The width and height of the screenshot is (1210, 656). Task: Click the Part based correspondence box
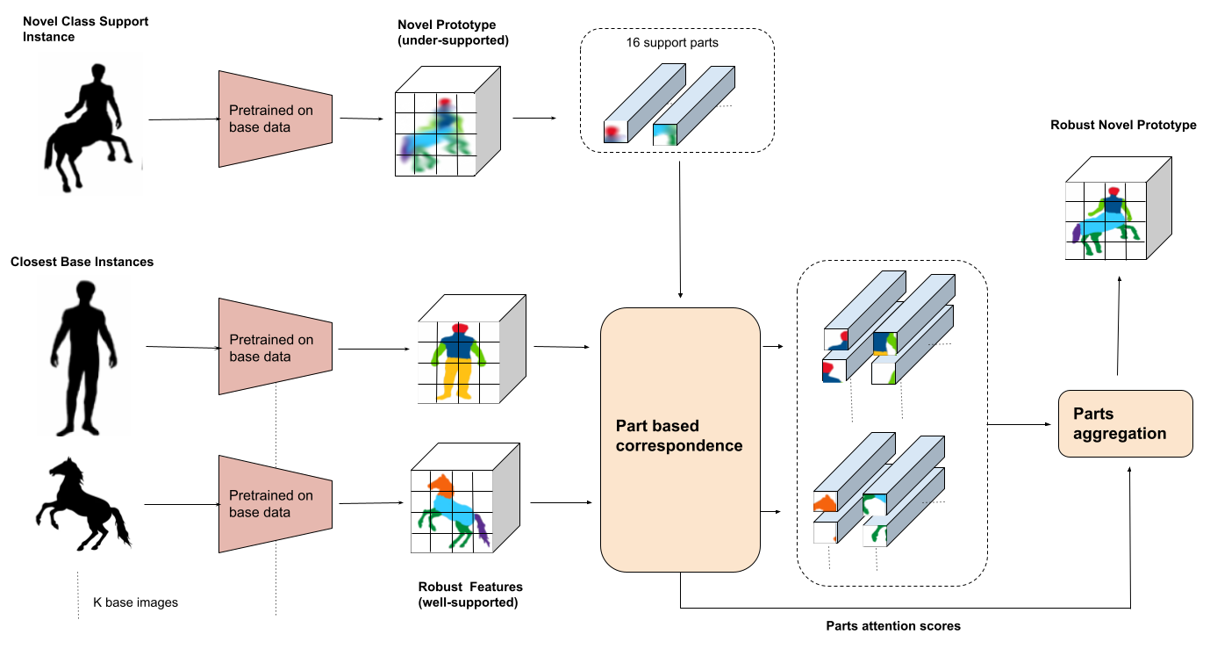(679, 439)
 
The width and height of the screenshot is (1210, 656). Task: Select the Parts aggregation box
(1126, 424)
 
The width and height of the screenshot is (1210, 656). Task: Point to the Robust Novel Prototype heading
(1123, 126)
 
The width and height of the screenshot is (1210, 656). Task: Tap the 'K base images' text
(135, 602)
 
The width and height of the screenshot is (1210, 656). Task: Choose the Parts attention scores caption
(893, 626)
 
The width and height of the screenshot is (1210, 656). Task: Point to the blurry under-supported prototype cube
(446, 126)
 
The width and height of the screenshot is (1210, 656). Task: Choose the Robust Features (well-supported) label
(470, 594)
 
